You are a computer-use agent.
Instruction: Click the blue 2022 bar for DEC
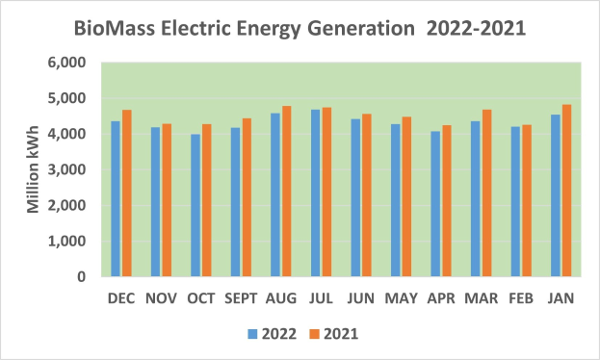115,199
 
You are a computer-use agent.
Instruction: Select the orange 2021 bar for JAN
566,191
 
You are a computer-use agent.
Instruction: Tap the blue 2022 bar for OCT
196,205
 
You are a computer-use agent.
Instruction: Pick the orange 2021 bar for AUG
286,192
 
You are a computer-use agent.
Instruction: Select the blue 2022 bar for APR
435,204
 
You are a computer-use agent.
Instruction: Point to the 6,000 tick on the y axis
68,63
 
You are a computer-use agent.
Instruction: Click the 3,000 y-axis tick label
68,169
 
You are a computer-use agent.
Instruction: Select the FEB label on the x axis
520,299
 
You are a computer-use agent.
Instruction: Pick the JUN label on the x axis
360,299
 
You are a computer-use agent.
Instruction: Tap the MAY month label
401,299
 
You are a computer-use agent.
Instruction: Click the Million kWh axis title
33,169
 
